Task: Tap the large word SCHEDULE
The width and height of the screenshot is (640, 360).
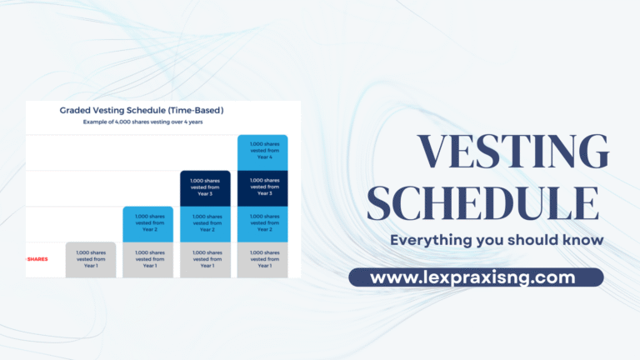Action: pos(483,204)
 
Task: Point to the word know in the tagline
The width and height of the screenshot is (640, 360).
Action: pos(580,241)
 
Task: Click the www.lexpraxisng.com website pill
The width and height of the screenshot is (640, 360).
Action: pos(475,277)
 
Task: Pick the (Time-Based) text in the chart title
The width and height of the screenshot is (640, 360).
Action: pos(192,110)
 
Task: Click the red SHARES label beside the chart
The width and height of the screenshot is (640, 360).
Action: pos(37,259)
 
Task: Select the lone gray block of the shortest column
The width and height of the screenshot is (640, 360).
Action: pos(91,259)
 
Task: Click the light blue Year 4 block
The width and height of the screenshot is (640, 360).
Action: pos(262,152)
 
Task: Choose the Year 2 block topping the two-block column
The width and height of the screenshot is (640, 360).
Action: pos(148,223)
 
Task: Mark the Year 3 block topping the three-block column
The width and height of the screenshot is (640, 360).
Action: pos(205,187)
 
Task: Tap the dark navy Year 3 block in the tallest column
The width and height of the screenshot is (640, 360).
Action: pos(262,187)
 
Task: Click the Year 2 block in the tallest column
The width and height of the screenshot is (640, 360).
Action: pos(262,223)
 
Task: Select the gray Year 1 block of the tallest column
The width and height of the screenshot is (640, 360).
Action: pos(262,259)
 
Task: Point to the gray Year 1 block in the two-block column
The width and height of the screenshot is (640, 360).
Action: pos(148,259)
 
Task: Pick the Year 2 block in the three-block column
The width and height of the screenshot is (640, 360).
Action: pos(205,223)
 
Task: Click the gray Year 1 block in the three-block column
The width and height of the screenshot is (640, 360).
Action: pos(205,259)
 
